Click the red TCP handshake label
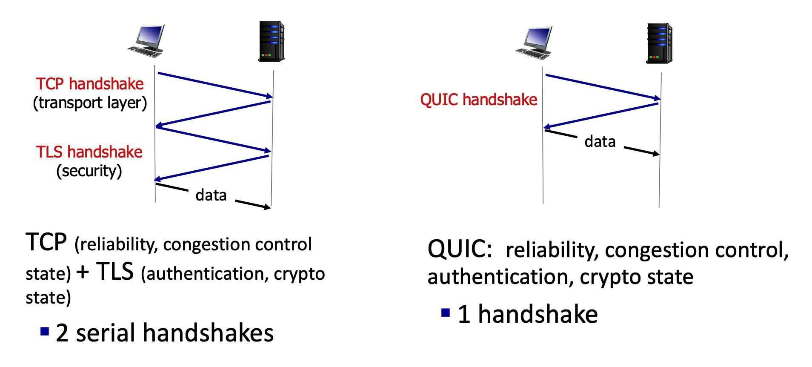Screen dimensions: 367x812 point(89,84)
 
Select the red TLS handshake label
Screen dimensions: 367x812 point(89,152)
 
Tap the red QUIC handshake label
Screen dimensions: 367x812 point(478,100)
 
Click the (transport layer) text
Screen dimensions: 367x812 point(90,103)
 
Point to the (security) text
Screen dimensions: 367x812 point(89,171)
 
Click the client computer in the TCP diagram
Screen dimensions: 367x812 point(146,41)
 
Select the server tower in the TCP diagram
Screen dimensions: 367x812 point(272,41)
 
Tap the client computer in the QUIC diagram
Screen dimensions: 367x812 point(534,43)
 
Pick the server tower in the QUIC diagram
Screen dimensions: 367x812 point(659,43)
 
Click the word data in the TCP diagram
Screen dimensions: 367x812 point(211,195)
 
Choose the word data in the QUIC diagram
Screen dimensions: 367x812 point(600,141)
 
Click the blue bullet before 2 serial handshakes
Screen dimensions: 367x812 point(45,332)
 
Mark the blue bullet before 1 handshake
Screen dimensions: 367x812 point(446,313)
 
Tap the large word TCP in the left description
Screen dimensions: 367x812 point(46,242)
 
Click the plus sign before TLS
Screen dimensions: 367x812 point(83,272)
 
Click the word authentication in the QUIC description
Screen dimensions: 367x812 point(498,277)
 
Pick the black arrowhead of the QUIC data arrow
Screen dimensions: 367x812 point(657,154)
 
